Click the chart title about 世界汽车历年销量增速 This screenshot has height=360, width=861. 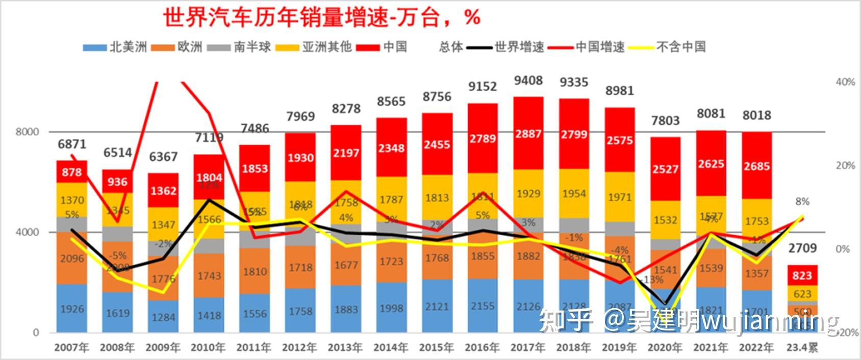click(x=322, y=17)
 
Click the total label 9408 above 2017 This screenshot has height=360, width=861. click(x=528, y=81)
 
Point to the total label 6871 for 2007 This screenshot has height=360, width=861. click(x=72, y=144)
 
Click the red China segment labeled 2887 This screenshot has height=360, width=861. click(x=528, y=134)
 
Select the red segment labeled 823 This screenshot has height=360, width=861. click(x=802, y=276)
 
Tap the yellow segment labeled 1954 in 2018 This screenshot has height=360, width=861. click(x=574, y=194)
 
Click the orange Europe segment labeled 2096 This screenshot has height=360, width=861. click(x=72, y=259)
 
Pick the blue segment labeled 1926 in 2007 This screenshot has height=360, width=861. click(x=72, y=309)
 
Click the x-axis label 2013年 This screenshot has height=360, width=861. click(x=345, y=348)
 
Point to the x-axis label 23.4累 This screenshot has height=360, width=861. click(x=802, y=348)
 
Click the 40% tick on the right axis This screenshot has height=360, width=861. click(x=845, y=82)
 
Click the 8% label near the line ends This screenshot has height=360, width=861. click(x=802, y=201)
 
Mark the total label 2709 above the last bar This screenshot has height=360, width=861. click(x=802, y=248)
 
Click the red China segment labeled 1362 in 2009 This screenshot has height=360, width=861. click(x=163, y=191)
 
